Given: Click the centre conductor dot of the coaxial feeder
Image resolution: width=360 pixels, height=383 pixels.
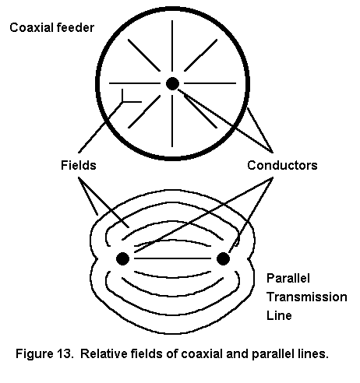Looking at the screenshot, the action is click(x=172, y=83).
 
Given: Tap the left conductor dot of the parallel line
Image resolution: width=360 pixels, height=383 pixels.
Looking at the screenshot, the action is click(x=122, y=258).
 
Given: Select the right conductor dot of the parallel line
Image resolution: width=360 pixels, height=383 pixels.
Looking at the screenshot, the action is click(x=223, y=258).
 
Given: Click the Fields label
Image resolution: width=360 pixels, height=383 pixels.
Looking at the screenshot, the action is click(x=79, y=165).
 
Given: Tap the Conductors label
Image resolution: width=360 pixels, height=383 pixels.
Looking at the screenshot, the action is click(x=282, y=165).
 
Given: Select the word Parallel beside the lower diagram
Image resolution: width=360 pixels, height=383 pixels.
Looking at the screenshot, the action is click(x=288, y=278).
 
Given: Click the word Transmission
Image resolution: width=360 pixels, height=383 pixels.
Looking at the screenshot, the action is click(x=307, y=297).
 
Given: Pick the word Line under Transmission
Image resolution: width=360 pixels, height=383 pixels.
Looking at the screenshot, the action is click(x=279, y=315).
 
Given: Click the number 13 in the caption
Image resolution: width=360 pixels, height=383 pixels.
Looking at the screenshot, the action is click(x=63, y=353).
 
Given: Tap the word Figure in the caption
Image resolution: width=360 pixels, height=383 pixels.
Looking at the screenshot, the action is click(x=34, y=354).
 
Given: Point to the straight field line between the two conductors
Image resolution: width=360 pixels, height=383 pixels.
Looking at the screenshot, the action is click(x=172, y=258).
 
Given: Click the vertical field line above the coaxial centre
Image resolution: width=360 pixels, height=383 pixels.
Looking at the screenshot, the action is click(x=172, y=46).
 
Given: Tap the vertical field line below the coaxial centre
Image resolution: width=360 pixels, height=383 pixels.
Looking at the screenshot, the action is click(x=172, y=121).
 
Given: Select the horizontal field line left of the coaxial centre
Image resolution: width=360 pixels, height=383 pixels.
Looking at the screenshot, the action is click(x=135, y=83).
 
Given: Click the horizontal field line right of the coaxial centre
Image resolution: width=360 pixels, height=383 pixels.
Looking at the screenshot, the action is click(x=210, y=83).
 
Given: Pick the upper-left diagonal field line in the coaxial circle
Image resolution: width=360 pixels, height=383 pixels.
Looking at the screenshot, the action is click(x=144, y=55).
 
